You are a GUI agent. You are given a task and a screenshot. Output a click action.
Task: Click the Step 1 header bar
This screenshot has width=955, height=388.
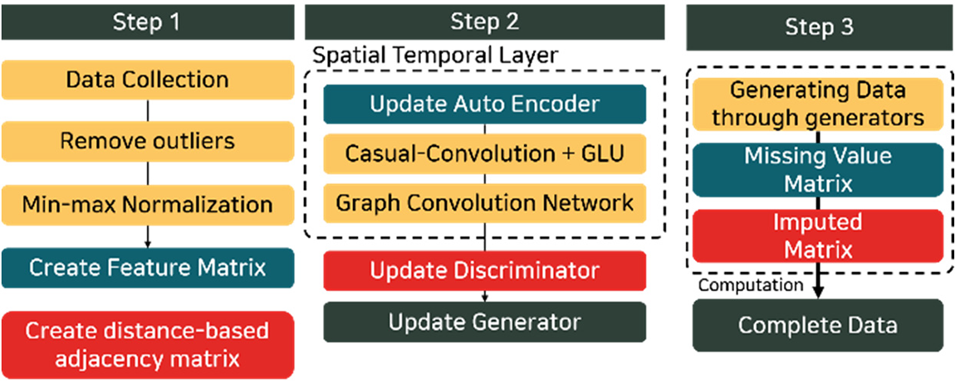coord(147,22)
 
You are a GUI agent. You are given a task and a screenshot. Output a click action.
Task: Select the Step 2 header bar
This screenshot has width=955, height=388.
coord(485,22)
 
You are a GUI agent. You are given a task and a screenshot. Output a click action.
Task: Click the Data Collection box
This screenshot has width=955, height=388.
coord(147,80)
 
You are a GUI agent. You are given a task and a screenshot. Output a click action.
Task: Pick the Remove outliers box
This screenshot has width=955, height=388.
coord(147,141)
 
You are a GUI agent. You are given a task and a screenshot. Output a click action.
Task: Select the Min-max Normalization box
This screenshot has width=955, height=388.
coord(147,204)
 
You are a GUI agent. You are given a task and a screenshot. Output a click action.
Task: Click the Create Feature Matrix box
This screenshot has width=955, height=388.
coord(147,268)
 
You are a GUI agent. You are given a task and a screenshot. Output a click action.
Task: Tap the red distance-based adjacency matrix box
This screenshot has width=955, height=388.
coord(147,345)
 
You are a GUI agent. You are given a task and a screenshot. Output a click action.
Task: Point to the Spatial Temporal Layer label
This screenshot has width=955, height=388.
coord(434,55)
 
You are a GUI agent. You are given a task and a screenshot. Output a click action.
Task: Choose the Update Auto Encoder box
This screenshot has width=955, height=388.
coord(485,105)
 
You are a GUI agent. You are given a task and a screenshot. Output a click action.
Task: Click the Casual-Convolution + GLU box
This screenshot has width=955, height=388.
coord(485,154)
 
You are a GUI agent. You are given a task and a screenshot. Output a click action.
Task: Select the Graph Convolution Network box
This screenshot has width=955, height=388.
coord(485,202)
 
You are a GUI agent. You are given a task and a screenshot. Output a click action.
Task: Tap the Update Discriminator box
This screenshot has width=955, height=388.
coord(485,271)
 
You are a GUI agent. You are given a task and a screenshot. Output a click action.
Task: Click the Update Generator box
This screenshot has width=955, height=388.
coord(485,322)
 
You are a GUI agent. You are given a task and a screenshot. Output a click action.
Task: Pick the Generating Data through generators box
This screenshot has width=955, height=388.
coord(818,104)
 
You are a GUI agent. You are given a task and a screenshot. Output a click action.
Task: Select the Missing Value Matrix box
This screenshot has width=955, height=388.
coord(818,170)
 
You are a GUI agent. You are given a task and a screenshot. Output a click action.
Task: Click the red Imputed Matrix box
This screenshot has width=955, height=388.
coord(818,235)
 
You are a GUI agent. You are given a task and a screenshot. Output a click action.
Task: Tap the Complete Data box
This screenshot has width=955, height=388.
coord(818,325)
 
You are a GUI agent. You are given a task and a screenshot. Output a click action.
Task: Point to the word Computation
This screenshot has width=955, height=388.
coord(751,285)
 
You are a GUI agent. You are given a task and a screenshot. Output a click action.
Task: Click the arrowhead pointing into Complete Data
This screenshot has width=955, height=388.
coord(818,292)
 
